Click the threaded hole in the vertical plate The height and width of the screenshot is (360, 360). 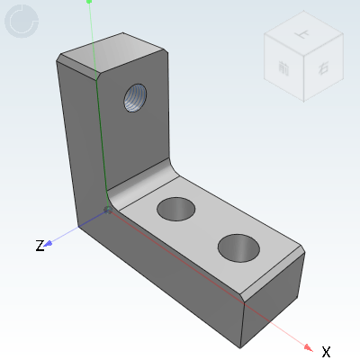coord(135,95)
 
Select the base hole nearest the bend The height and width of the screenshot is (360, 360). coord(177,210)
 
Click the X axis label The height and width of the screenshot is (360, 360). coord(326,351)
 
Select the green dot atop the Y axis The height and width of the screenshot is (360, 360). coord(89,2)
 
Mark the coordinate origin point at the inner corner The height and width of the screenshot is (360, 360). coord(108,210)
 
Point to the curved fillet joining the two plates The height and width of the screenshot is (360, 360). coord(148,180)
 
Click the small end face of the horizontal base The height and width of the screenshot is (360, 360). coord(274,301)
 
